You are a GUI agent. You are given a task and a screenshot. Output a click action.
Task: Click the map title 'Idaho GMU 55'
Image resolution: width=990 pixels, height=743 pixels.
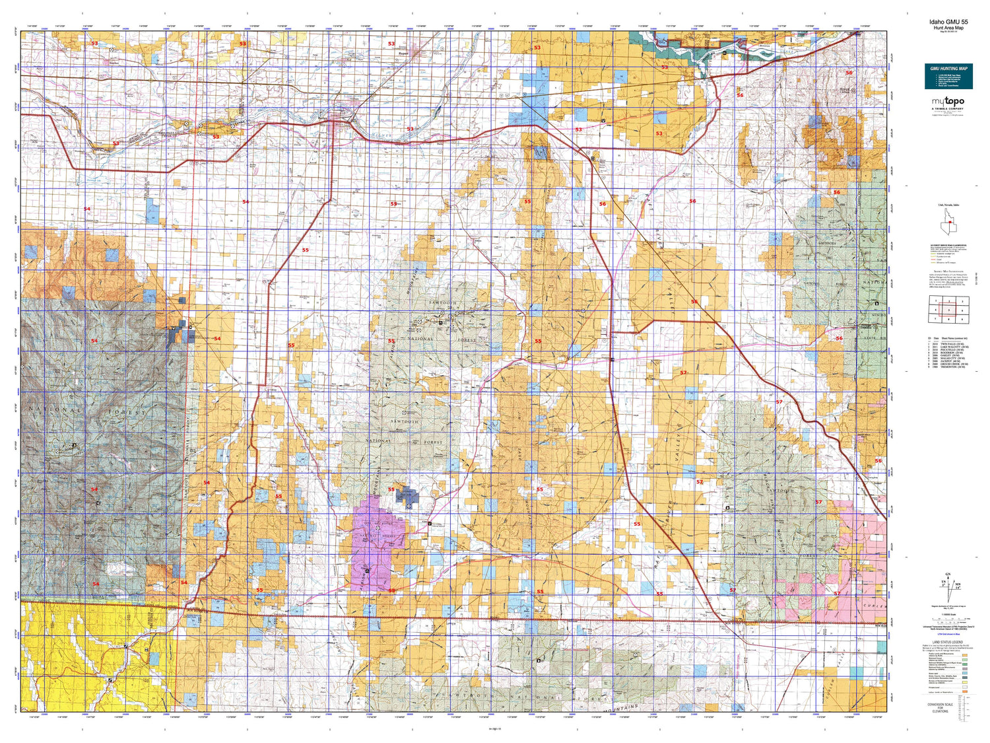948,22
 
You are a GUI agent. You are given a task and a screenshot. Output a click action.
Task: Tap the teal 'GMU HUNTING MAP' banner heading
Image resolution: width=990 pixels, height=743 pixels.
948,69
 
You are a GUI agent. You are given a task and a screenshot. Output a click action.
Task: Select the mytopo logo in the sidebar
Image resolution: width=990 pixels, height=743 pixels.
948,102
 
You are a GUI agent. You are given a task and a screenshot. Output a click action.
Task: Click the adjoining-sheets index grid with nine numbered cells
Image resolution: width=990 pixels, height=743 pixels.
948,308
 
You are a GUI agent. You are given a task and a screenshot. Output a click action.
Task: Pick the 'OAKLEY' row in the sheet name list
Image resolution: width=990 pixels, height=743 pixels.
948,356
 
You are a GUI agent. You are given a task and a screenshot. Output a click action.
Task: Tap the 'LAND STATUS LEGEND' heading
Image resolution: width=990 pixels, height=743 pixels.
947,642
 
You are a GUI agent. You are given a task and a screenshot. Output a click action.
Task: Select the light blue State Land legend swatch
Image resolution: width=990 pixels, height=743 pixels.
964,672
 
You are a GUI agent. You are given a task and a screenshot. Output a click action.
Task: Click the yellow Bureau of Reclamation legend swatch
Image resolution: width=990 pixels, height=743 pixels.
964,682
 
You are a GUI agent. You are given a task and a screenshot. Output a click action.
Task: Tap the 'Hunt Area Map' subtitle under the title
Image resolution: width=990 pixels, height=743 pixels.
948,28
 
